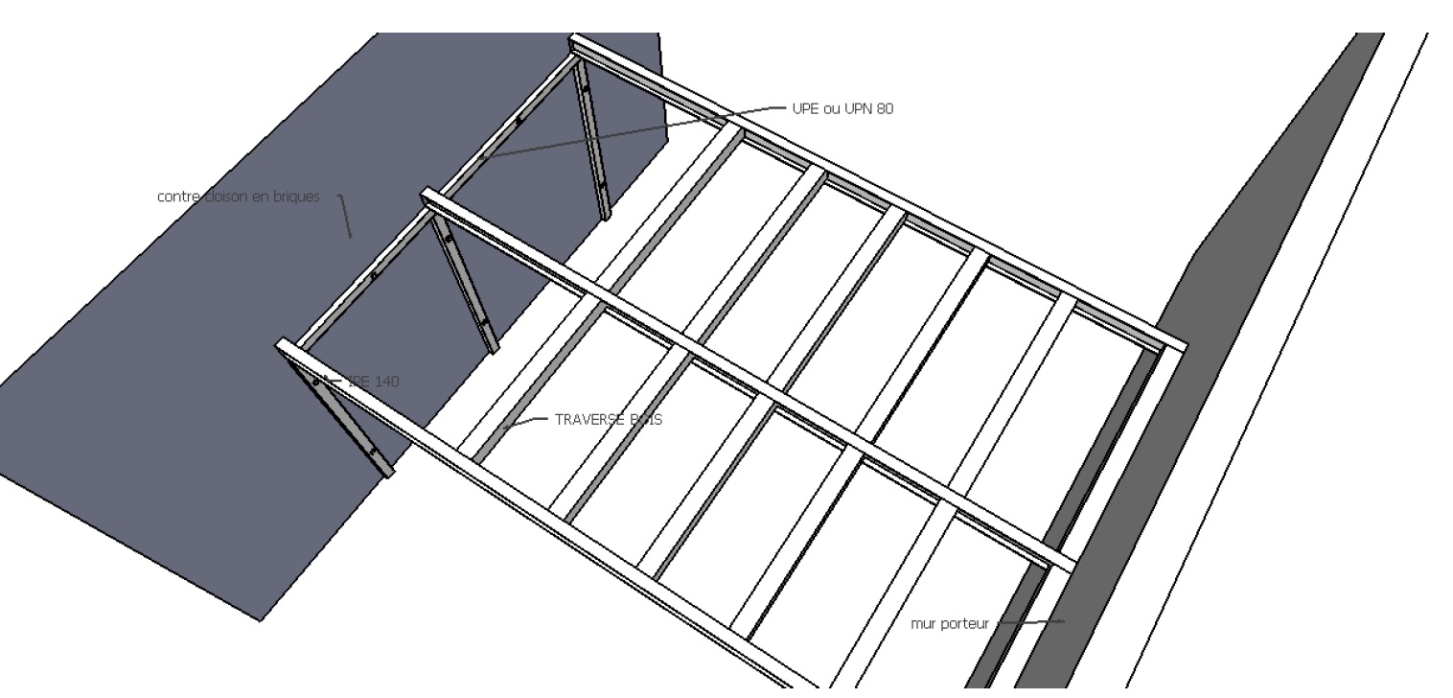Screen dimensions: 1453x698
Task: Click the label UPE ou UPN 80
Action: point(842,109)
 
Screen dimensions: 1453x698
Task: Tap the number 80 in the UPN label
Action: point(884,109)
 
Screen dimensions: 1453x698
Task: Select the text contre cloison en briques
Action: point(238,197)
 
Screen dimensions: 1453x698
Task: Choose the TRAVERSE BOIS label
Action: point(608,419)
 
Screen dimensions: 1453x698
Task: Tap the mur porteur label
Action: point(949,623)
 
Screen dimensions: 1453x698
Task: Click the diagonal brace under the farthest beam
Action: point(591,139)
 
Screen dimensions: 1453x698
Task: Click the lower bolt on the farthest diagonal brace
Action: point(602,182)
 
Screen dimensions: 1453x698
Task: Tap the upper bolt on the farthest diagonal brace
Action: point(585,91)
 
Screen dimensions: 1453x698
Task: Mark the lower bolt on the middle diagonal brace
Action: point(484,321)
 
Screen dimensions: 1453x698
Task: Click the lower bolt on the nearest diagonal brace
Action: point(372,450)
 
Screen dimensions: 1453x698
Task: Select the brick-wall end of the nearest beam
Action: point(283,346)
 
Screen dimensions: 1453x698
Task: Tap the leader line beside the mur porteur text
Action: point(1030,622)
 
